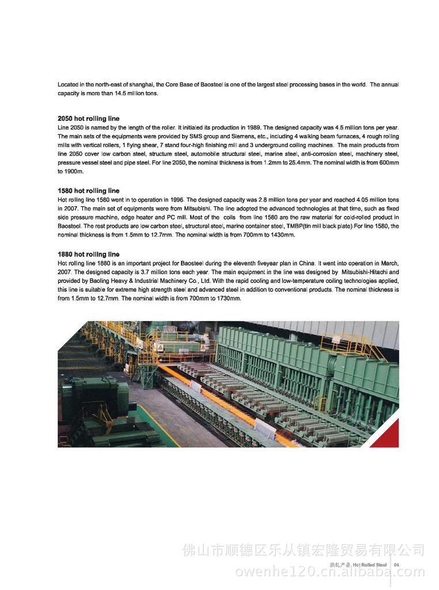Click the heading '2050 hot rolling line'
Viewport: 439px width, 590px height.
click(88, 119)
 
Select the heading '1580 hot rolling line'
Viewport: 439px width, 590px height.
click(88, 191)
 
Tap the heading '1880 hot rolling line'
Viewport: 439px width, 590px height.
click(88, 254)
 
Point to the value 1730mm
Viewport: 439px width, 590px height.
click(228, 298)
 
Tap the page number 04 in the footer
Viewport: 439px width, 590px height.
click(396, 565)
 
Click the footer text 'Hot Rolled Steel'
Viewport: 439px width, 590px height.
click(369, 565)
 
